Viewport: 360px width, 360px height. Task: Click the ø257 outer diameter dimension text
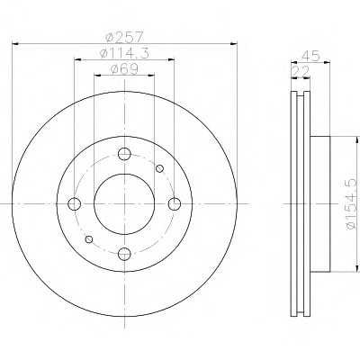[x=124, y=37]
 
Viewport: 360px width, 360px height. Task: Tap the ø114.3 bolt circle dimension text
[x=124, y=53]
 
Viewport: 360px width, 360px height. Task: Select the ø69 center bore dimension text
[x=124, y=69]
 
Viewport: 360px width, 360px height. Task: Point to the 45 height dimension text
[x=311, y=56]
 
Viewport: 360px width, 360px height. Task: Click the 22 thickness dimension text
[x=301, y=71]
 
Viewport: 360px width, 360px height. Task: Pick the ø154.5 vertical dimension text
[x=352, y=204]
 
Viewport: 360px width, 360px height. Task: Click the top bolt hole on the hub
[x=124, y=154]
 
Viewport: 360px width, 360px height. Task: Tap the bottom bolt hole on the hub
[x=124, y=254]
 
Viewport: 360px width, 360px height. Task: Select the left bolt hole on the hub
[x=75, y=204]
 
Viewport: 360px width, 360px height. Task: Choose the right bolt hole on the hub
[x=175, y=204]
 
